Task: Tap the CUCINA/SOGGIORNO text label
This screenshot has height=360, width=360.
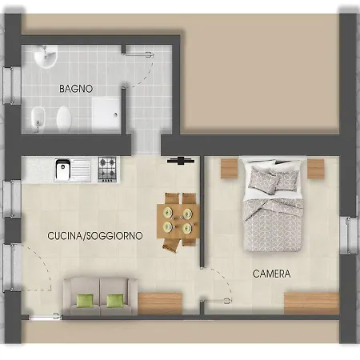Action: tap(95, 236)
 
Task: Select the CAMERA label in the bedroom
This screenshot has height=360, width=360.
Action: tap(271, 274)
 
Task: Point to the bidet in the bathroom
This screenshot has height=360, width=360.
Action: tap(35, 121)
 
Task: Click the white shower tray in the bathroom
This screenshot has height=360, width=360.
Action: tap(106, 113)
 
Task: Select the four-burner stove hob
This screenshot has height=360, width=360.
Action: tap(108, 168)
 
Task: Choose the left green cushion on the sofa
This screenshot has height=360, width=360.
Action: tap(84, 301)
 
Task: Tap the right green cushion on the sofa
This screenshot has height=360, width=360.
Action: tap(115, 301)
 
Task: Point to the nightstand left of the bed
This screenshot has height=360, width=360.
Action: tap(229, 168)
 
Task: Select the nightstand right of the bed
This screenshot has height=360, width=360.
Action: tap(315, 168)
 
